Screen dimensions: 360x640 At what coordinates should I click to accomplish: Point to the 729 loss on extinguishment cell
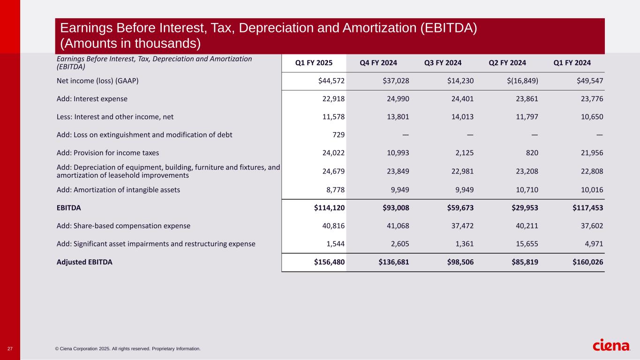339,135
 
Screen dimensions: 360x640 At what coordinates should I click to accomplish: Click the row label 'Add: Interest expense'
92,99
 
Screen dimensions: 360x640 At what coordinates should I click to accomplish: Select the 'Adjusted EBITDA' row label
84,262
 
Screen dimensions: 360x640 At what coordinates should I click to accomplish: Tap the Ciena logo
611,346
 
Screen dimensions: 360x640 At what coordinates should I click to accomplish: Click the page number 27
10,349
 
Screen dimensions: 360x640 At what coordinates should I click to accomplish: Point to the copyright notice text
128,349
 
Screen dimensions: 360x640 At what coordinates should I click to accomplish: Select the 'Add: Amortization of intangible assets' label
118,190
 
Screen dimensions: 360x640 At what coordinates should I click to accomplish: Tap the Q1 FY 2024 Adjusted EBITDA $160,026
587,262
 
